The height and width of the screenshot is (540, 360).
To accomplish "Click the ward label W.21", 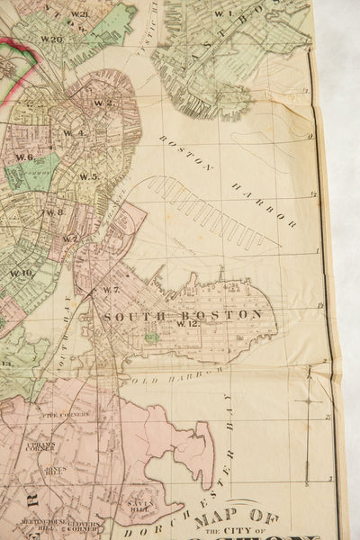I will (79, 14).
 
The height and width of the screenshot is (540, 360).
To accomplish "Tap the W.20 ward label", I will (51, 40).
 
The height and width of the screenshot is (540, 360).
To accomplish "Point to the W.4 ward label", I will (74, 133).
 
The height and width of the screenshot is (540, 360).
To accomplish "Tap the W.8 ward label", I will (54, 212).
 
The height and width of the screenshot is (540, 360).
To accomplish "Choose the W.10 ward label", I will (22, 273).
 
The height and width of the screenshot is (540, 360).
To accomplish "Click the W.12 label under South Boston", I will (186, 323).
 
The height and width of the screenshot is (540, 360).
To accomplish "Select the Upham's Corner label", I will (40, 446).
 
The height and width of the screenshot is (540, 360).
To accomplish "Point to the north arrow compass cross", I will (309, 400).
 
